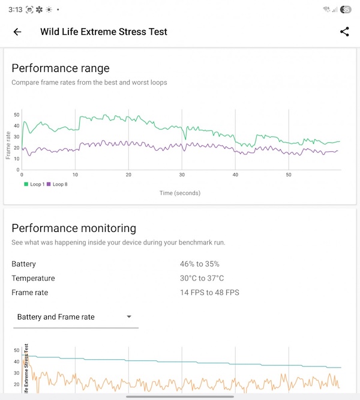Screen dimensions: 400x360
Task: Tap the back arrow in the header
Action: (x=17, y=32)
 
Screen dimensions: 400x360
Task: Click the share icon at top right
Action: (x=344, y=32)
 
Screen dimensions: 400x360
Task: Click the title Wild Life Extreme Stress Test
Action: (x=104, y=32)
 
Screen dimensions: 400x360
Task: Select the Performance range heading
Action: (x=61, y=68)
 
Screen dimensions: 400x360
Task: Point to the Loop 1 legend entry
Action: (x=34, y=184)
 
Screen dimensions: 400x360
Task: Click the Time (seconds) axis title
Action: (x=180, y=193)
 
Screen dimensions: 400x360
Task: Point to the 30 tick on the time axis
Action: (x=182, y=175)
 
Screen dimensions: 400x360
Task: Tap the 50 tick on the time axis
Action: (x=289, y=175)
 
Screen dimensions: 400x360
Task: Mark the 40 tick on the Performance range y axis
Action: (x=17, y=126)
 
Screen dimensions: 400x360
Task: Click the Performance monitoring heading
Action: (x=74, y=228)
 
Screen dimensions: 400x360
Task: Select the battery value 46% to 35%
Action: (x=200, y=264)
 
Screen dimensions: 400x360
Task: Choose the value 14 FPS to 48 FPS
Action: (x=209, y=292)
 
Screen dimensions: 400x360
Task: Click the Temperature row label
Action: (x=33, y=278)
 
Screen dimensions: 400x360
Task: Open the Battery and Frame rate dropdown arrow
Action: (x=129, y=317)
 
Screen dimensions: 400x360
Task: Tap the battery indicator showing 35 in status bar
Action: (x=346, y=10)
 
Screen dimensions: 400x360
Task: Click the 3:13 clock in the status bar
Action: (x=16, y=10)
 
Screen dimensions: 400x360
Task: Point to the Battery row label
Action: (x=24, y=264)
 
